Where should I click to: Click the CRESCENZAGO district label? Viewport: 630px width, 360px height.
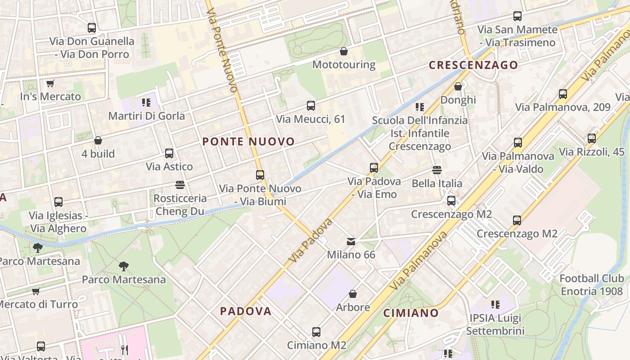point(473,65)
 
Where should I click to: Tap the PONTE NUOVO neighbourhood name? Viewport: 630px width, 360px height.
point(248,142)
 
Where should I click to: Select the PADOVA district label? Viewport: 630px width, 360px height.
point(246,311)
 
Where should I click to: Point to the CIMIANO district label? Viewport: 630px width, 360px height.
point(411,313)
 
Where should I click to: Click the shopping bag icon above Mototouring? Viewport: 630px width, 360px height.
point(344,51)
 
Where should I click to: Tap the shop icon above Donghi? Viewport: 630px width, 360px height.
point(458,86)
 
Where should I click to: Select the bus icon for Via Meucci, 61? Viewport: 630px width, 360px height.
point(310,106)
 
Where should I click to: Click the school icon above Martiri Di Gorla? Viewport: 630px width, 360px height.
point(146,103)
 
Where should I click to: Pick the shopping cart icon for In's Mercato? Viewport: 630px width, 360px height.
point(50,84)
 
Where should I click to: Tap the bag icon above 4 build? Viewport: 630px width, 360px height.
point(98,140)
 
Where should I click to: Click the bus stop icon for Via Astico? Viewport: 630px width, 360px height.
point(169,153)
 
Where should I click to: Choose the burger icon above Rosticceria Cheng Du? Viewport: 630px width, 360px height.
point(180,185)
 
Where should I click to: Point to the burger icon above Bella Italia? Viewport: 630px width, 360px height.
point(436,170)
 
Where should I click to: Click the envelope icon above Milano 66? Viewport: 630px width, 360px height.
point(351,242)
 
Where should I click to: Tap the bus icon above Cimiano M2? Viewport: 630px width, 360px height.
point(316,332)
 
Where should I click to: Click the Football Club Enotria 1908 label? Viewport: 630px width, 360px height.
point(592,285)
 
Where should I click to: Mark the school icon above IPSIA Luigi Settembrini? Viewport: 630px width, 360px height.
point(495,305)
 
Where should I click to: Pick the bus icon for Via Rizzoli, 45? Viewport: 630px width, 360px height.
point(592,139)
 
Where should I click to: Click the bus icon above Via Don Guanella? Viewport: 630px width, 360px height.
point(92,28)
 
